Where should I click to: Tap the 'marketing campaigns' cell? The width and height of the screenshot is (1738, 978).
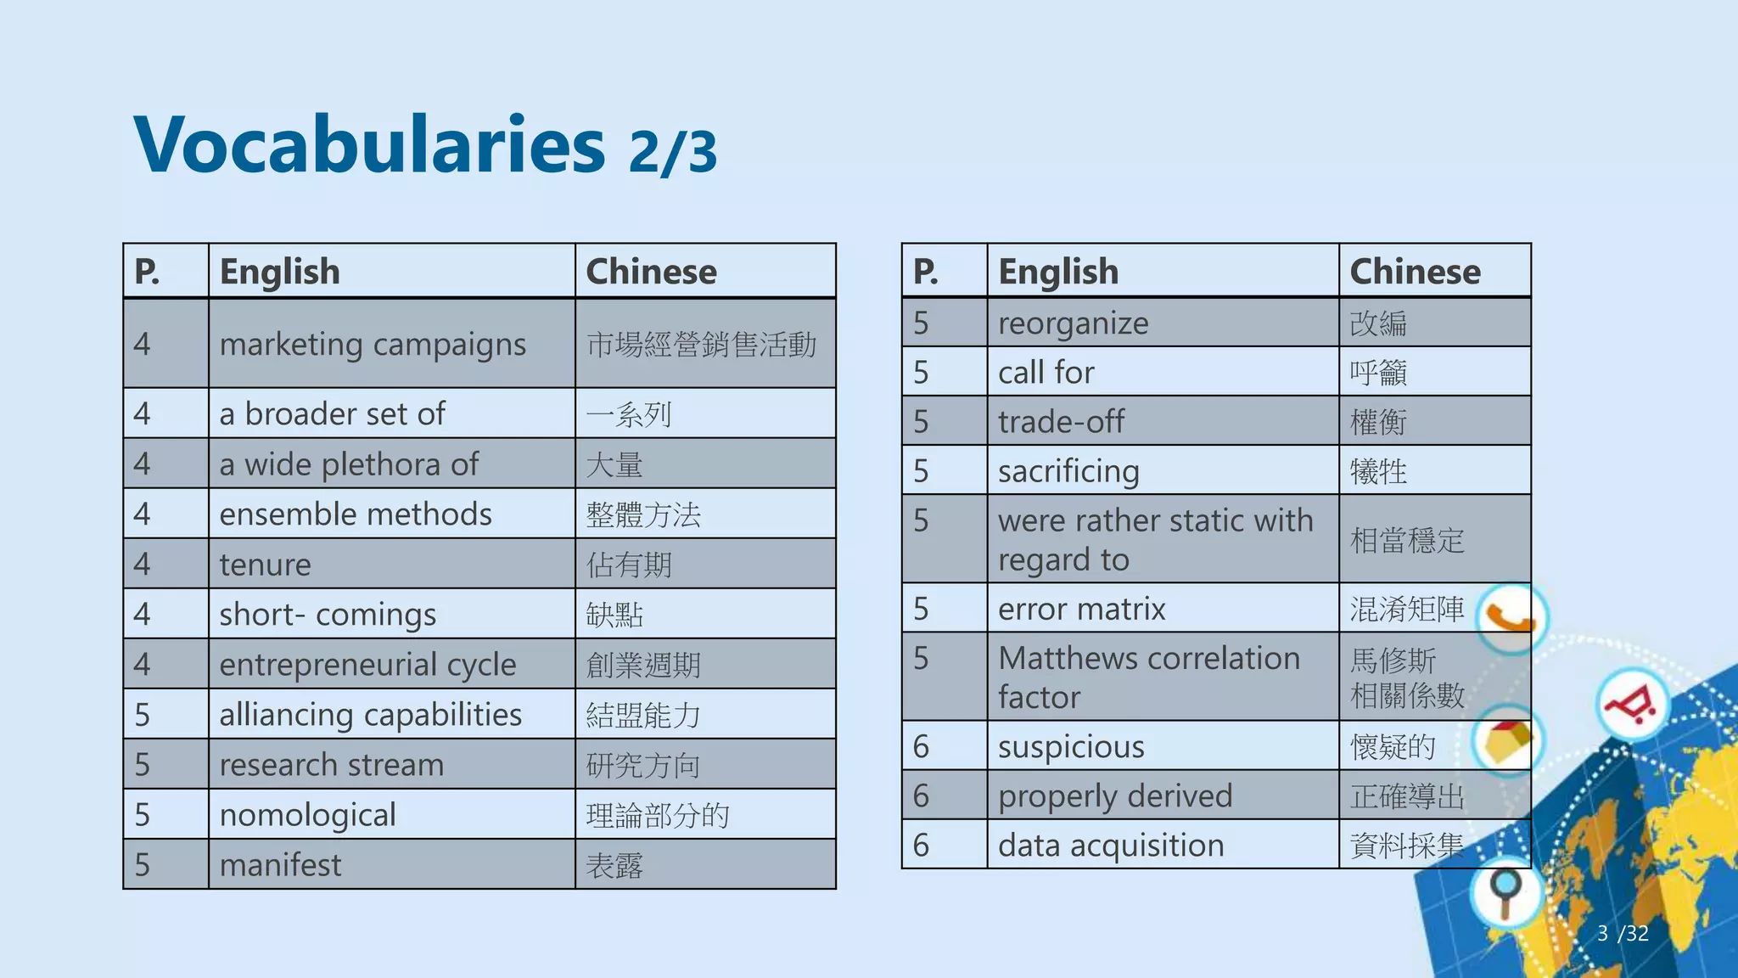point(373,345)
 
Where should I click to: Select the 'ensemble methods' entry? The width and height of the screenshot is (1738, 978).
point(356,514)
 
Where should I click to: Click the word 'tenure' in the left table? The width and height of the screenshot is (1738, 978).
point(265,565)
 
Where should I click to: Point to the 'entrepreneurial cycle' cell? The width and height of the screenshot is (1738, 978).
point(367,665)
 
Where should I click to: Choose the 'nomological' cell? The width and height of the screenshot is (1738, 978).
point(307,815)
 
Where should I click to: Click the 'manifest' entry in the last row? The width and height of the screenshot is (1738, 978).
point(280,865)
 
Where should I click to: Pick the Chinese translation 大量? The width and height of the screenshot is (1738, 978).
point(614,465)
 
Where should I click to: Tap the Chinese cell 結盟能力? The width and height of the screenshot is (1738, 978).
point(643,715)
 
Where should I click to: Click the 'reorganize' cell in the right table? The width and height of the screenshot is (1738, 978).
point(1073,323)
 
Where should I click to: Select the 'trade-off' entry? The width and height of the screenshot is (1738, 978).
point(1061,422)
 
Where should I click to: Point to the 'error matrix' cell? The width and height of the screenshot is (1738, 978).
point(1081,609)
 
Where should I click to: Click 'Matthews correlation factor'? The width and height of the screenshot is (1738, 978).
point(1148,677)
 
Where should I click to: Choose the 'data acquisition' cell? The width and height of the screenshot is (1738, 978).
point(1111,846)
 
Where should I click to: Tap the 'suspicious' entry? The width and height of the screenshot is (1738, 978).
point(1071,747)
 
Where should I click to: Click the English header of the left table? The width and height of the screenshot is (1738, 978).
point(279,272)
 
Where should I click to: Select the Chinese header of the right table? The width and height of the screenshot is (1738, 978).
point(1415,272)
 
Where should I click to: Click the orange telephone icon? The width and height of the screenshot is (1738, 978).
point(1511,617)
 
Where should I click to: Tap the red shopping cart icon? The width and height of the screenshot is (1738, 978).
point(1632,705)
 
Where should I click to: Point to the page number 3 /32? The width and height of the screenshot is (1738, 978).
point(1622,934)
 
